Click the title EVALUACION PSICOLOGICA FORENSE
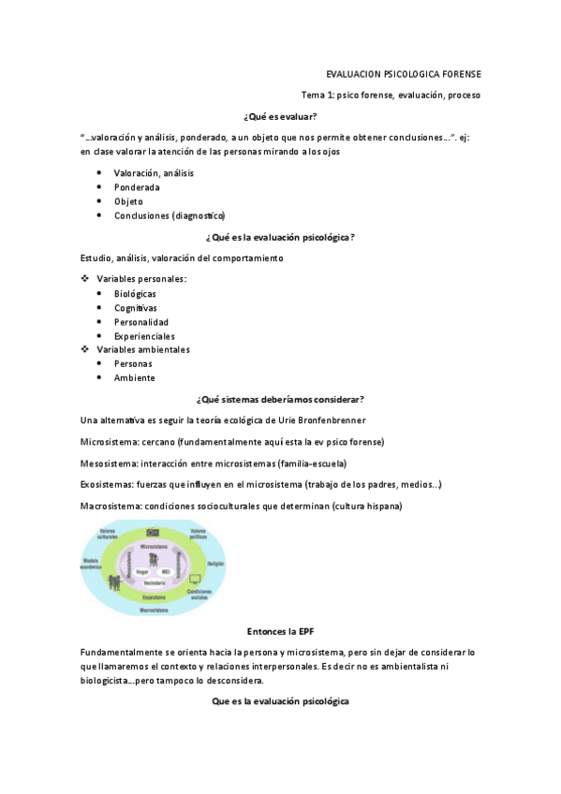(403, 74)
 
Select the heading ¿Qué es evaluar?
(280, 116)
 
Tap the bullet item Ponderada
(137, 187)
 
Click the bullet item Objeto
(129, 201)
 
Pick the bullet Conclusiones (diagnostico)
(170, 215)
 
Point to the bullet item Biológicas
(135, 293)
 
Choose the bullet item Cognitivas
(136, 307)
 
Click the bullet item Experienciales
(144, 336)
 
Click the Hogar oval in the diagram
(142, 571)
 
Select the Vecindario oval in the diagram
(154, 581)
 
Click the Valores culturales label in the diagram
(108, 535)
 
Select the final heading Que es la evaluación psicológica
(280, 701)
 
